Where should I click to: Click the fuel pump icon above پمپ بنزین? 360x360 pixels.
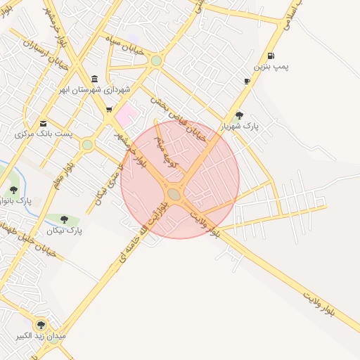[271, 55]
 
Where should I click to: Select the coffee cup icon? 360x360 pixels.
[247, 82]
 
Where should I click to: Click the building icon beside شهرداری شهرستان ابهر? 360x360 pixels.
[95, 78]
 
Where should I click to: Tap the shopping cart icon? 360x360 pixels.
[108, 109]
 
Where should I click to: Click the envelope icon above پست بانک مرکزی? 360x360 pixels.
[44, 123]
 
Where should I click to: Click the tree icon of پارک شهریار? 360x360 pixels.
[239, 115]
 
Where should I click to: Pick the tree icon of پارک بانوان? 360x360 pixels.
[13, 190]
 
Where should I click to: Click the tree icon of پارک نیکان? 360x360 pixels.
[65, 219]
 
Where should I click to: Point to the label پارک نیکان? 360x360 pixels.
[65, 230]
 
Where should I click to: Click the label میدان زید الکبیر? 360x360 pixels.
[42, 336]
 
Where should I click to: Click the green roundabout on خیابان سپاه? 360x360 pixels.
[156, 61]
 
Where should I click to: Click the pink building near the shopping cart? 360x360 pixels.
[126, 113]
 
